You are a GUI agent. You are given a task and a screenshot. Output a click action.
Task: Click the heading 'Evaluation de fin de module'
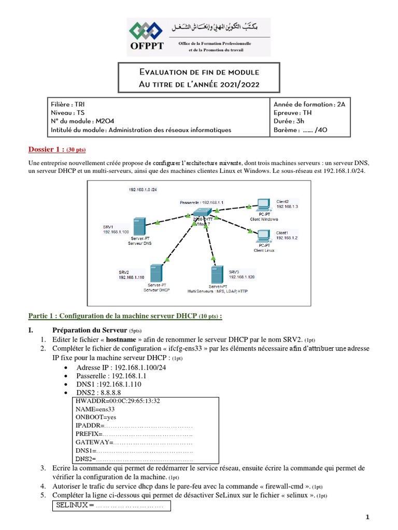[x=200, y=72]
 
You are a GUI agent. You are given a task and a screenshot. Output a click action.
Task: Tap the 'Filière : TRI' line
[x=68, y=104]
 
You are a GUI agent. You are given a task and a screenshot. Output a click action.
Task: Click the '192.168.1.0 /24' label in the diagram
[x=143, y=190]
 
